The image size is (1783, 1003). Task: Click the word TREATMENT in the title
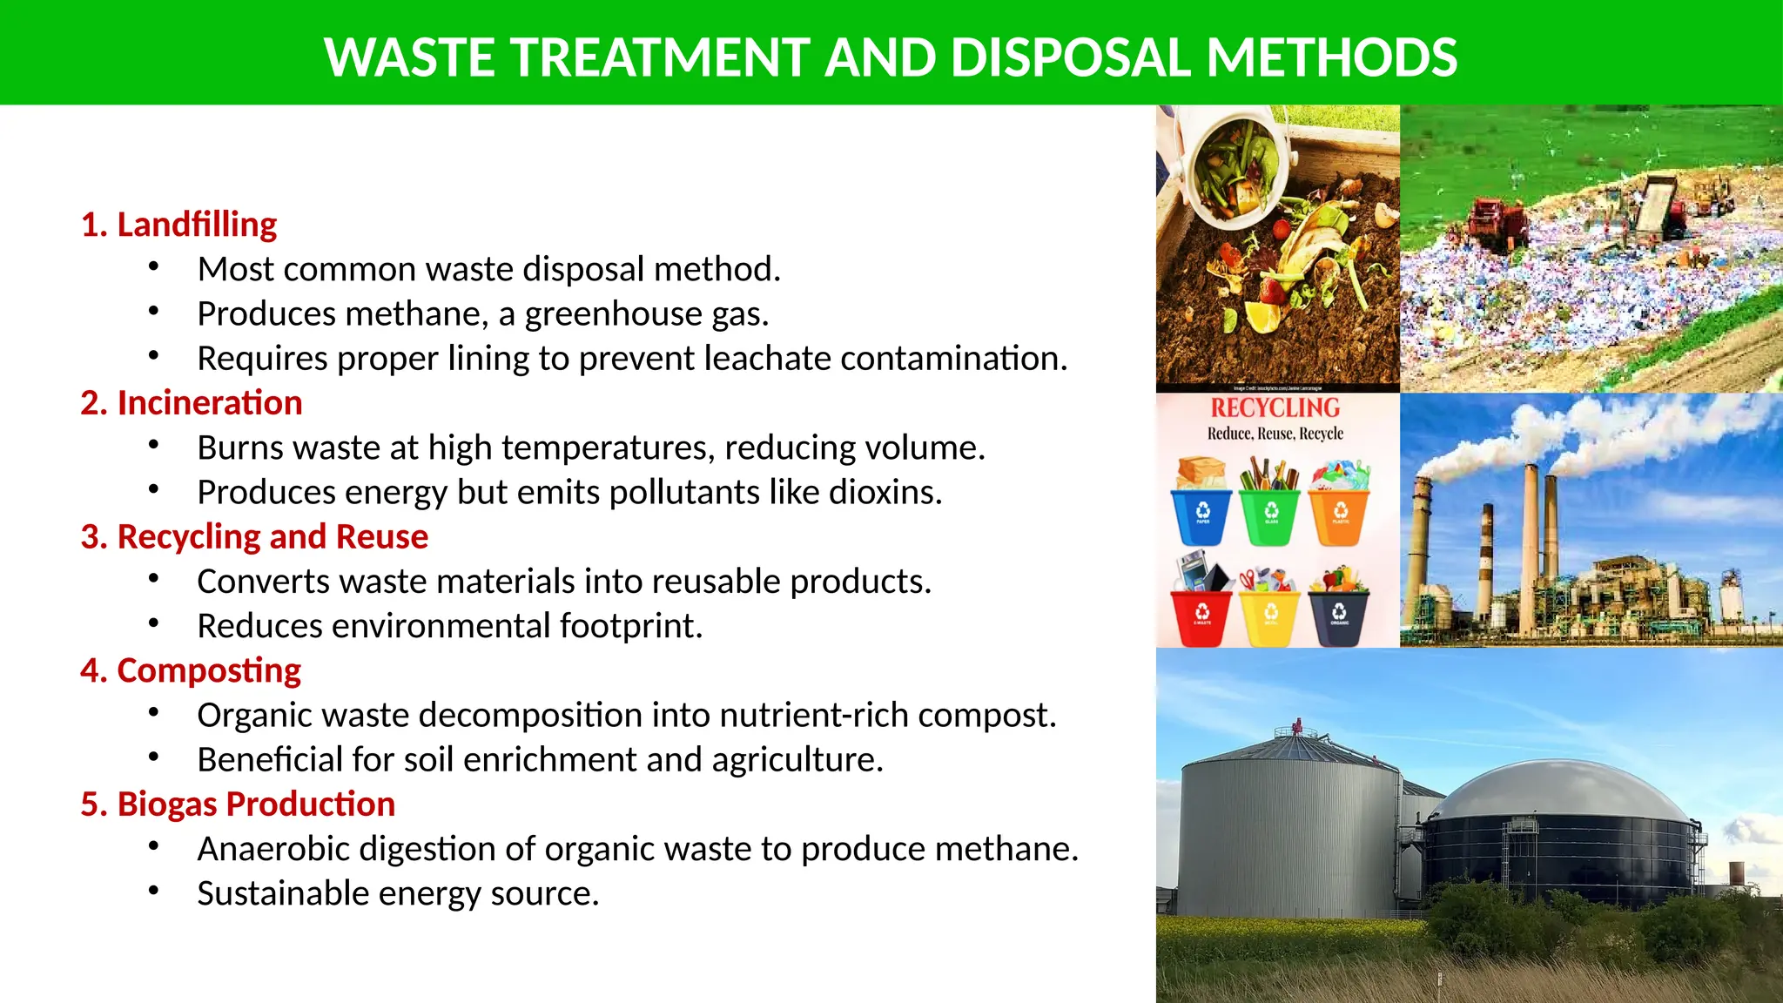tap(660, 57)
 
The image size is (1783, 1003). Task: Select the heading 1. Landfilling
tap(178, 225)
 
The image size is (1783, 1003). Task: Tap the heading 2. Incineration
tap(192, 403)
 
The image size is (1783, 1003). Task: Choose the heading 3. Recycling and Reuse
tap(254, 537)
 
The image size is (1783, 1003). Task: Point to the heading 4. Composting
tap(191, 670)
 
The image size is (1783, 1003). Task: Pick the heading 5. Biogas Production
tap(238, 804)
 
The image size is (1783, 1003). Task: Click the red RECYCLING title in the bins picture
tap(1275, 408)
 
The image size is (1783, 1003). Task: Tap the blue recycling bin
tap(1201, 515)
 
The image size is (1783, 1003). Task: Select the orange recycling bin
tap(1340, 515)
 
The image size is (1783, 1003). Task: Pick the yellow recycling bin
tap(1270, 616)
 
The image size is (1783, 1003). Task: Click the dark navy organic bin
tap(1339, 616)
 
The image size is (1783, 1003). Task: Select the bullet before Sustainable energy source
tap(154, 892)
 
